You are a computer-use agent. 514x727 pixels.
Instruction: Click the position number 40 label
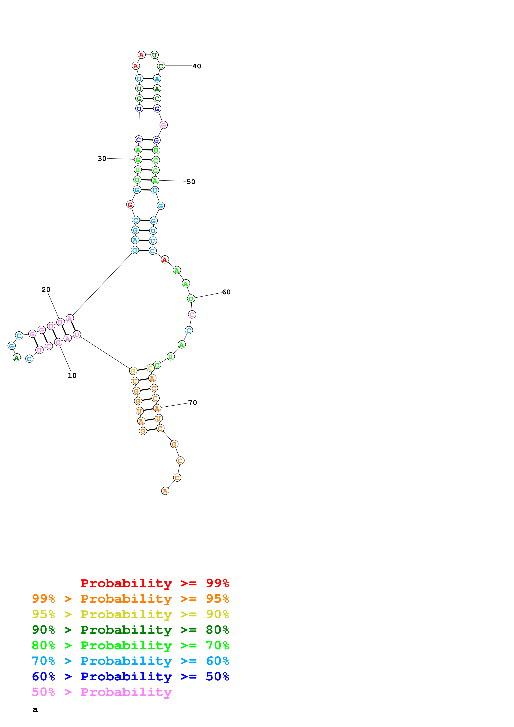197,66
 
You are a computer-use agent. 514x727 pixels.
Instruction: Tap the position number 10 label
72,376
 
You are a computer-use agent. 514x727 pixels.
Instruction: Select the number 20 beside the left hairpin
46,289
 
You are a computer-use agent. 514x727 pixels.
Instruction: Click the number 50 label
191,182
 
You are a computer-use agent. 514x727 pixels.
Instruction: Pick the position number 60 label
226,292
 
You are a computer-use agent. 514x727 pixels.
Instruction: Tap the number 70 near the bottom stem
193,403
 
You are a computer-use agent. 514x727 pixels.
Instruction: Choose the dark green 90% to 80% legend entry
130,630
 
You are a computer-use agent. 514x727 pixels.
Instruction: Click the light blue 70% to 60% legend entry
130,661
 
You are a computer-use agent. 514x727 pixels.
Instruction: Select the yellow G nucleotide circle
133,371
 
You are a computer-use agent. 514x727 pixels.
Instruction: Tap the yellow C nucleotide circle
151,368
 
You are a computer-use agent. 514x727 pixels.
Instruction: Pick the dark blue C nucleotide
138,140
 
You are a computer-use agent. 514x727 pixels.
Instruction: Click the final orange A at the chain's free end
165,491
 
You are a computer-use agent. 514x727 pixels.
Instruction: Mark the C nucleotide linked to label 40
161,66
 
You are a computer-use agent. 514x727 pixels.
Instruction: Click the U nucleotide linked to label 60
191,299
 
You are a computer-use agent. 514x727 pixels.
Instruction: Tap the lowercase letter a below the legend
35,710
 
